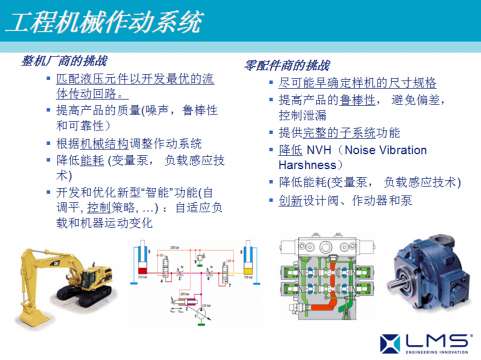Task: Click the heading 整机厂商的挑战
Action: coord(64,60)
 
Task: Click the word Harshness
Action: coord(310,164)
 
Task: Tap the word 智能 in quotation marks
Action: coord(159,192)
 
